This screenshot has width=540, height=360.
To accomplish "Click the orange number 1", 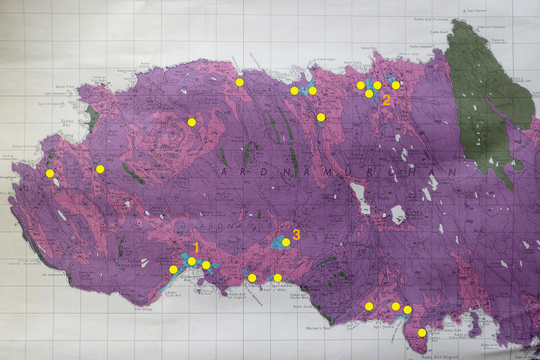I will click(197, 248).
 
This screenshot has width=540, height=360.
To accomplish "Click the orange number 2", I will click(386, 100).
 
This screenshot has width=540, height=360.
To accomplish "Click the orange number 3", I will click(296, 234).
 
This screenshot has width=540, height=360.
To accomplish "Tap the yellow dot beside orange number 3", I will click(286, 242).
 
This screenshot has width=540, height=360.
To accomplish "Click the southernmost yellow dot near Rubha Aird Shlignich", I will click(422, 332).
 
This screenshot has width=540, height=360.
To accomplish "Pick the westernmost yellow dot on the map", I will click(50, 173).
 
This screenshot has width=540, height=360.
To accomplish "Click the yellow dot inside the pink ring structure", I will click(191, 122).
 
